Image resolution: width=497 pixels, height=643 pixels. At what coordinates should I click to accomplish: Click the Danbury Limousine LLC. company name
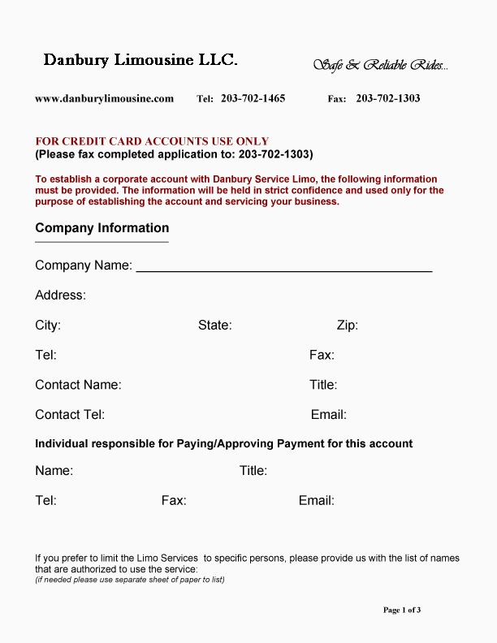point(140,60)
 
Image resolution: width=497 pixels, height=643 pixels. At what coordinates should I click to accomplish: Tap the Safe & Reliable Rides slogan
point(380,65)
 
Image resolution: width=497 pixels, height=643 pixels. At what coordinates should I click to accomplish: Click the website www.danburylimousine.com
point(104,99)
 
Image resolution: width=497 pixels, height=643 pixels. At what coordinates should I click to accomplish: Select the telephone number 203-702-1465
point(253,99)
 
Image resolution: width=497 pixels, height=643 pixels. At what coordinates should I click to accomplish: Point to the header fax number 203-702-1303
point(387,99)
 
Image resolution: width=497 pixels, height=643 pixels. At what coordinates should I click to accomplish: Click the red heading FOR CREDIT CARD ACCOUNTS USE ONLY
point(152,141)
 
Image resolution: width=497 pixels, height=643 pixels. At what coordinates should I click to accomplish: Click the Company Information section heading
point(102,228)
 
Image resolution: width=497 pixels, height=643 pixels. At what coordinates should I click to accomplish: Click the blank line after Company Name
point(283,267)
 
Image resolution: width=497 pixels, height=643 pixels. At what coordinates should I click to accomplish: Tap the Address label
point(60,296)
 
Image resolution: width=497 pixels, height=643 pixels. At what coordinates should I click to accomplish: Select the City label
point(48,326)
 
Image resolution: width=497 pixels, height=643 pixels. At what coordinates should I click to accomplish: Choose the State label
point(214,326)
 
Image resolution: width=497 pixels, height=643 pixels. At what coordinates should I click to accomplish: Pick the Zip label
point(347,326)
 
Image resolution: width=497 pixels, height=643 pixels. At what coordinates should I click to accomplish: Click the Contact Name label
point(78,385)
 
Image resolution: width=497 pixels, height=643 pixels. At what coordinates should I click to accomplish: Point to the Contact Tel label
point(70,415)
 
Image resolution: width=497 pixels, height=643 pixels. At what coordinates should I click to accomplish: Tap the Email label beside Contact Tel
point(328,415)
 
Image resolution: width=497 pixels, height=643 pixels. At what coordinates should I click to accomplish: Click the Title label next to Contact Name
point(322,385)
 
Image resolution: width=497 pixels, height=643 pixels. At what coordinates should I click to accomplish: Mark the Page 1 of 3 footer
point(401,610)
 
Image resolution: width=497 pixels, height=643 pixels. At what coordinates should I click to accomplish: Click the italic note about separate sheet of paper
point(129,580)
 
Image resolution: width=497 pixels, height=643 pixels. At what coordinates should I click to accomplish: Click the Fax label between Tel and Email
point(174,501)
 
